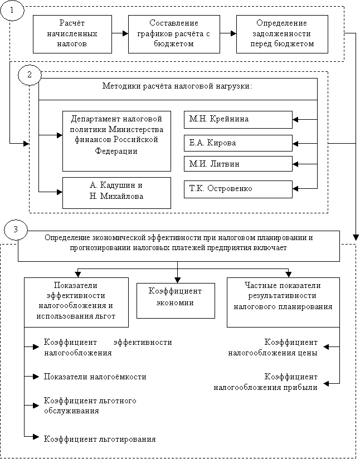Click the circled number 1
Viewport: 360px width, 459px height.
(12, 10)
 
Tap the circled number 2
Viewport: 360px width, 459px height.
(30, 75)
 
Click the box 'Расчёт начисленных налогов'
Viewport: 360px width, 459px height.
(72, 34)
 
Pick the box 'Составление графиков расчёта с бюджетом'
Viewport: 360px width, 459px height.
(174, 34)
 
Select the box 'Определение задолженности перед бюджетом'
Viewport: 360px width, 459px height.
(282, 34)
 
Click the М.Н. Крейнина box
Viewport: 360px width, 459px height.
(238, 119)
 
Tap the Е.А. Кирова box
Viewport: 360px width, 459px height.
(238, 143)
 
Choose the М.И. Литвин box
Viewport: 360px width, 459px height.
(238, 164)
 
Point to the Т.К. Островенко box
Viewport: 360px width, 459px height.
(238, 189)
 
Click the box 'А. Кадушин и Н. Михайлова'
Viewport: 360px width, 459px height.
(116, 193)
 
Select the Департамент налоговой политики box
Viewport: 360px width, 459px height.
(116, 141)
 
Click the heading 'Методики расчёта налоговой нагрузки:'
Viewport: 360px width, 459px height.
(177, 86)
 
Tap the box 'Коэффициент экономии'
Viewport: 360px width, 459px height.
(176, 301)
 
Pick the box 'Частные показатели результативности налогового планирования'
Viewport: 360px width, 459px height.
(283, 302)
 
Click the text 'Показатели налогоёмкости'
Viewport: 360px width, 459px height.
(95, 377)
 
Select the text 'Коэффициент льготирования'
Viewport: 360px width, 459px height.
(100, 439)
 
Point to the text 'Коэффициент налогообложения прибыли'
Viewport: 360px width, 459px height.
(266, 382)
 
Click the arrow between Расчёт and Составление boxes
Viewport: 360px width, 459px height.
(120, 33)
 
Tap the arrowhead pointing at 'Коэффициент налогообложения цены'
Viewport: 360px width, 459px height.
(327, 347)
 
